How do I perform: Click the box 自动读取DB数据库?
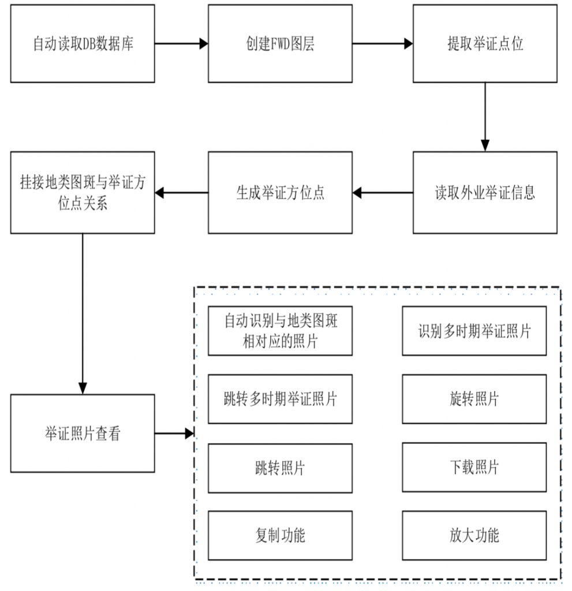tap(83, 43)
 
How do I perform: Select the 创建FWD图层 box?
tap(280, 43)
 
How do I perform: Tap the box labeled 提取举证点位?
tap(485, 43)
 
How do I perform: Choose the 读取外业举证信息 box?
tap(485, 193)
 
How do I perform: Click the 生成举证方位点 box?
tap(280, 193)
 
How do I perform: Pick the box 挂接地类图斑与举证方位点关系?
tap(83, 193)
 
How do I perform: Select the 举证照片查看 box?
tap(83, 433)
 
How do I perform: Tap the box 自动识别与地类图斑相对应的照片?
tap(280, 331)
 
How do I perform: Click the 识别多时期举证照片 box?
tap(474, 331)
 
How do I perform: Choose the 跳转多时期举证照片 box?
tap(280, 399)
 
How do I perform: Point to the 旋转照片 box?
tap(474, 399)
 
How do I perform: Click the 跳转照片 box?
tap(280, 468)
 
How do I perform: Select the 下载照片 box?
tap(474, 467)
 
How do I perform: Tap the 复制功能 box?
tap(280, 535)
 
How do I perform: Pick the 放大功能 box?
tap(474, 535)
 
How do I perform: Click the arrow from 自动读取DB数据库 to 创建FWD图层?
tap(181, 43)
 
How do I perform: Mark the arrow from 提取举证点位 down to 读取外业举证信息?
tap(485, 117)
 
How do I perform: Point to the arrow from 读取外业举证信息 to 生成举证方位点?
tap(383, 193)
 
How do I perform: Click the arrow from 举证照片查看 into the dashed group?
tap(174, 433)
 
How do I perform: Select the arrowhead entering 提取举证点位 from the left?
tap(408, 43)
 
